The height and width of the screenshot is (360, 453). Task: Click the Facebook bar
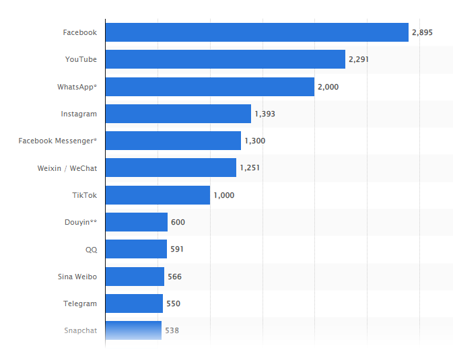point(256,32)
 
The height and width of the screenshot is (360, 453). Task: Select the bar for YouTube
point(225,59)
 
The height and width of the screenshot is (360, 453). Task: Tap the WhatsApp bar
point(209,87)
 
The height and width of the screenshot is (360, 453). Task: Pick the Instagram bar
point(178,114)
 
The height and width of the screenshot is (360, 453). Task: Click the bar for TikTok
point(158,195)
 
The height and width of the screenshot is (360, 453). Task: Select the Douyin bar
point(136,222)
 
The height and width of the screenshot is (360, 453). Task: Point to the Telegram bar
point(134,303)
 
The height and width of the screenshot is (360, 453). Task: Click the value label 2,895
point(422,32)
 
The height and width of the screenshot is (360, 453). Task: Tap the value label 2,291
point(359,59)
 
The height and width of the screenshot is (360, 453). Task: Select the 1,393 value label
point(265,114)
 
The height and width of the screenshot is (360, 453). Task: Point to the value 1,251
point(250,168)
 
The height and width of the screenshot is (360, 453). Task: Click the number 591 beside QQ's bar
point(177,249)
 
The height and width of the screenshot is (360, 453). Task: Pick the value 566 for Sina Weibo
point(174,277)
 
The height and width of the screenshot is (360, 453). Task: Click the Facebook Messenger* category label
point(58,141)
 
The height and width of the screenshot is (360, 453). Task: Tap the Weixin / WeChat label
point(67,168)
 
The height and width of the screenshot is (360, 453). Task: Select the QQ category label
point(91,249)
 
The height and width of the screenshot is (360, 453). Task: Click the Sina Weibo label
point(77,277)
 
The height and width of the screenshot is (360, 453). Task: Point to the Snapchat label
point(81,330)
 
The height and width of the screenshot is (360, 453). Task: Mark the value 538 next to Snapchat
point(172,330)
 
